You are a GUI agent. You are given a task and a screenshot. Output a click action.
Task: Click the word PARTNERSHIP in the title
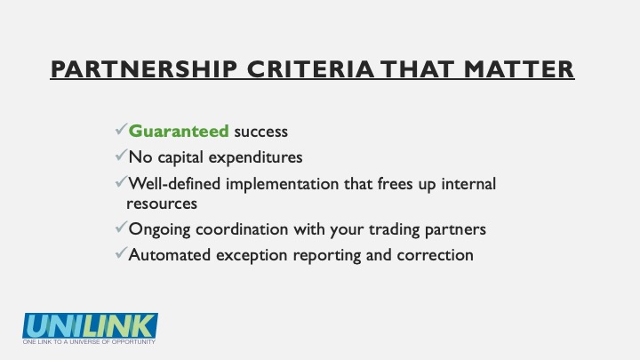tap(144, 69)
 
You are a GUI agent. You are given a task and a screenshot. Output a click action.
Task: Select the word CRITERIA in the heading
tap(310, 69)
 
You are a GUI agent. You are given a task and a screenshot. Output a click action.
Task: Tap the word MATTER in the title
tap(519, 69)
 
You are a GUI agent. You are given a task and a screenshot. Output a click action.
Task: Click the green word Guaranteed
tap(179, 132)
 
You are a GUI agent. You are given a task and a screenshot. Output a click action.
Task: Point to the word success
tap(260, 132)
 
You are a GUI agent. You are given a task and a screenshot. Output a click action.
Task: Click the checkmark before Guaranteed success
tap(122, 130)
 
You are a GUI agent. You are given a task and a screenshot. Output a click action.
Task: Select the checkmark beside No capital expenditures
tap(122, 155)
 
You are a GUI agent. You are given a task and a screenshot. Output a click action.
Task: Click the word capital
tap(180, 157)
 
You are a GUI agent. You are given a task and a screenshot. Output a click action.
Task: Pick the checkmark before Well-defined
tap(122, 181)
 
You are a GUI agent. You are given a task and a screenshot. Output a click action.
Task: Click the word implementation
tap(282, 185)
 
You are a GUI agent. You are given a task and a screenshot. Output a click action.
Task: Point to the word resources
tap(162, 204)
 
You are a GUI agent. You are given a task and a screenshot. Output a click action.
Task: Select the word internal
tap(468, 184)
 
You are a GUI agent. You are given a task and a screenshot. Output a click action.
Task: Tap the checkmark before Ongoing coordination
tap(122, 227)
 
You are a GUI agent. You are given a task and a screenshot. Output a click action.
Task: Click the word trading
tap(395, 230)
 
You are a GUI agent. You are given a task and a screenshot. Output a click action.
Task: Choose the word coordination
tap(242, 229)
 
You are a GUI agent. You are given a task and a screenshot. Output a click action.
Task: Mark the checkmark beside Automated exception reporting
tap(122, 253)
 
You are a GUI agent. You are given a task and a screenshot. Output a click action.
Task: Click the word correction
tap(435, 255)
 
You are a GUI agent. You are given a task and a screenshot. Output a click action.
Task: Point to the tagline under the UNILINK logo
tap(89, 341)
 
